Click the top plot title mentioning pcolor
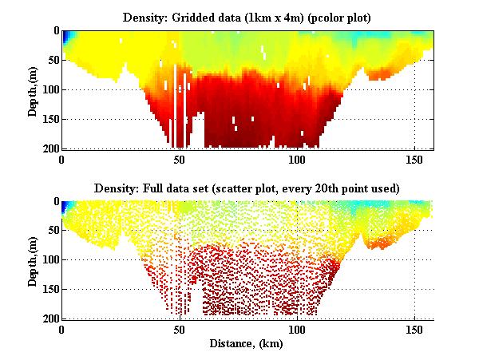249,17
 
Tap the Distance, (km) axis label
249,344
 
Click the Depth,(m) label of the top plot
33,90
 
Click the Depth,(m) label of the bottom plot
33,261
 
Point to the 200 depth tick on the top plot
51,148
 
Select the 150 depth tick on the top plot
51,119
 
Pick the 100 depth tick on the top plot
51,89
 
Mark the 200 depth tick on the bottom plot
51,318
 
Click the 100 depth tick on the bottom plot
51,260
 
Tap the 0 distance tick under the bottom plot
62,330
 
